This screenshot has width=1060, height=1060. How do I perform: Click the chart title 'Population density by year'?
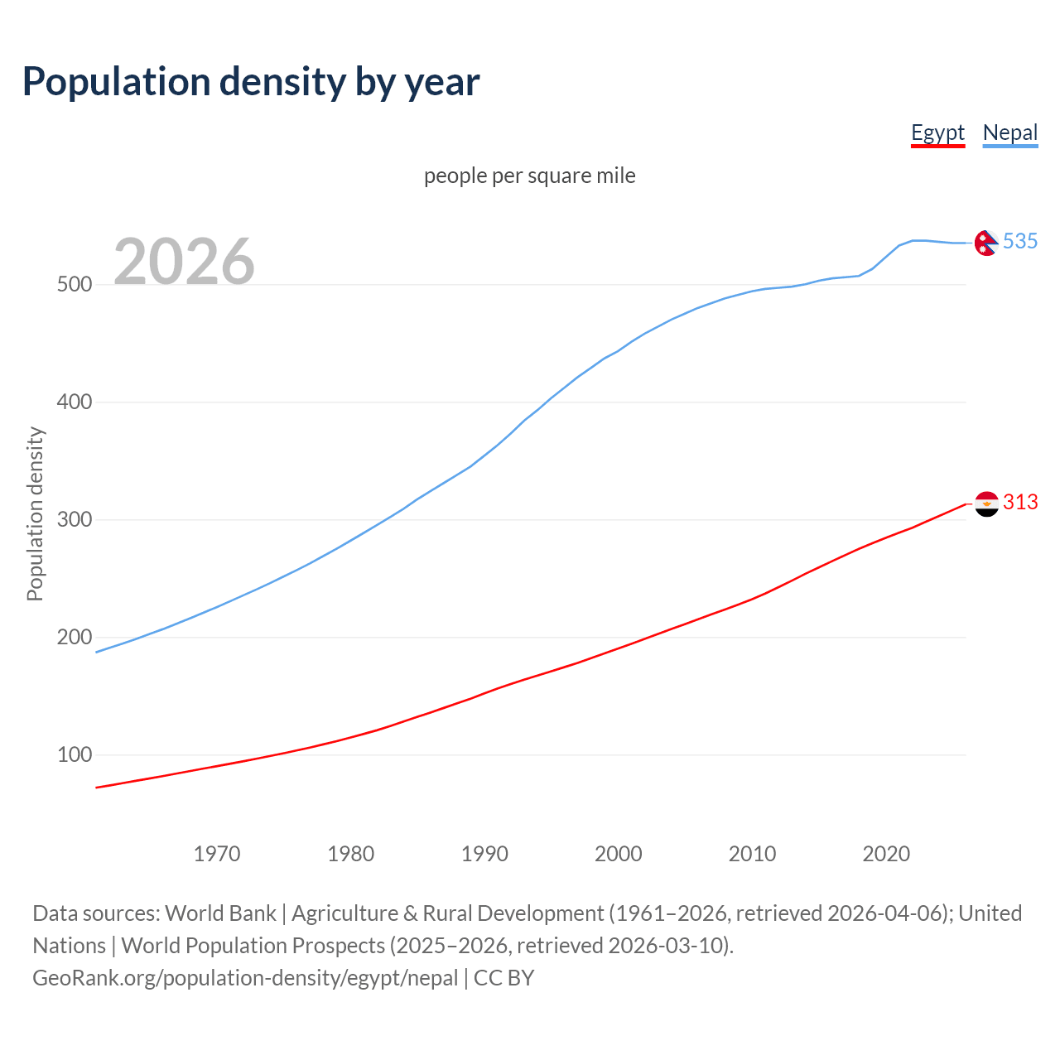click(x=251, y=82)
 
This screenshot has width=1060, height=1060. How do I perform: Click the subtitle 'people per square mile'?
click(x=529, y=176)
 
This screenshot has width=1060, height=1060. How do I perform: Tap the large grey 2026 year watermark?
click(x=184, y=262)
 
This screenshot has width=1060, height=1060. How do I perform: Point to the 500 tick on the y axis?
click(x=74, y=285)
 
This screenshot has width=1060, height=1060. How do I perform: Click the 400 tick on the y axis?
click(x=74, y=402)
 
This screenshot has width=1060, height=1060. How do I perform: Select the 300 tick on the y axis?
click(x=74, y=520)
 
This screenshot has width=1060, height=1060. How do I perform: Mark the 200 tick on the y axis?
click(x=74, y=638)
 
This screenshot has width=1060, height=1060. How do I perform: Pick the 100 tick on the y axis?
click(x=74, y=755)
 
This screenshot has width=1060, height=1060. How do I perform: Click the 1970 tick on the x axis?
click(x=217, y=854)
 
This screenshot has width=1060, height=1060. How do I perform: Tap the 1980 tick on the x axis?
click(x=351, y=854)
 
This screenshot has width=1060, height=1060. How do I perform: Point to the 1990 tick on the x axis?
click(x=484, y=854)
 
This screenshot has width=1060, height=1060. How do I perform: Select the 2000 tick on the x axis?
click(x=619, y=854)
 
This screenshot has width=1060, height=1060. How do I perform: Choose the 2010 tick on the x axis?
click(x=752, y=854)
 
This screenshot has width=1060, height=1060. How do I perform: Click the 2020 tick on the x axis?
click(x=886, y=854)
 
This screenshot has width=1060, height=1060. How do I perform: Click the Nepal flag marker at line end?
click(x=986, y=243)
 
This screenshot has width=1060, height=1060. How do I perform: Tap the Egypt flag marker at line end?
click(x=986, y=503)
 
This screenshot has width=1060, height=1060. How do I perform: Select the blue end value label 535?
click(x=1020, y=241)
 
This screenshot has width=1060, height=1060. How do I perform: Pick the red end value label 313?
click(x=1020, y=502)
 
